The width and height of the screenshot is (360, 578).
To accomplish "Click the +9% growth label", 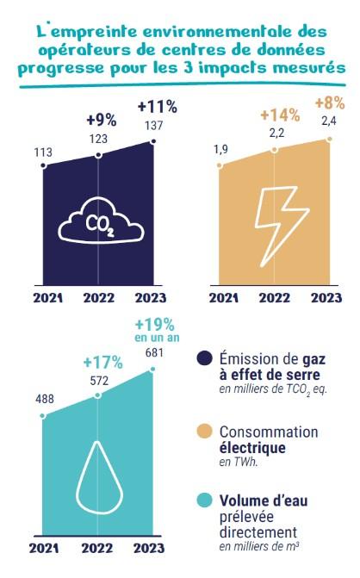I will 100,120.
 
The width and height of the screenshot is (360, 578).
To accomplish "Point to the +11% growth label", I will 157,108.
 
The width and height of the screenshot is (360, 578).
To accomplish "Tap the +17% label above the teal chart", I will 98,362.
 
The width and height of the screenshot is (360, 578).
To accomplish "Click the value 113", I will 43,152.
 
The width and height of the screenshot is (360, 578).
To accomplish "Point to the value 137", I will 154,126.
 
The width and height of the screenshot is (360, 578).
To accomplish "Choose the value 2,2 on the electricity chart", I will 275,133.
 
